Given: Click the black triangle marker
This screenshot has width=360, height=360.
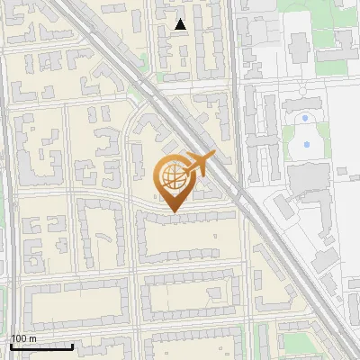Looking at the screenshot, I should pos(181,24).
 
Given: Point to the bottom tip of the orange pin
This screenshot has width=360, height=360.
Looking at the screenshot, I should pos(172,212).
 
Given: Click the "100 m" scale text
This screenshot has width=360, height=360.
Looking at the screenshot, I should pos(23,338).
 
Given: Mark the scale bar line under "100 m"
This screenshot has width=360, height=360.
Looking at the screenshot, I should pos(41,346).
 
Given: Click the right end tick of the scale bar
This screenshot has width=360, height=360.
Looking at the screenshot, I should pos(72,345).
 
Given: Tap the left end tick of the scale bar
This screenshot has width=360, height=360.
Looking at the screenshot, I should pos(11,345).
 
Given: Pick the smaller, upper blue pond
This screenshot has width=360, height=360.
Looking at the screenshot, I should pos(306,118).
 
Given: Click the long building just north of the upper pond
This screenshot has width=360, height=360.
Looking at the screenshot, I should pos(304,103).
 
